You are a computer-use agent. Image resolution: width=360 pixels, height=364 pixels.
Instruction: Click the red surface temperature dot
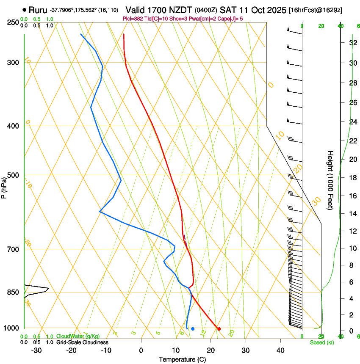click(x=219, y=329)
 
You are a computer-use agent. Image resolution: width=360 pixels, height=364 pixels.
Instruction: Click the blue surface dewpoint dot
click(x=193, y=329)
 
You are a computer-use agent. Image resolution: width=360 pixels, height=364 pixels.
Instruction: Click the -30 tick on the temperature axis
click(x=36, y=350)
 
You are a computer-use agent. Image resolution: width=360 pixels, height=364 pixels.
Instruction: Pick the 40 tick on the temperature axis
click(x=280, y=350)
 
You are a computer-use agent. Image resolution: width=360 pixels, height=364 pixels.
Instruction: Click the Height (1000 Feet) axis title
click(x=331, y=180)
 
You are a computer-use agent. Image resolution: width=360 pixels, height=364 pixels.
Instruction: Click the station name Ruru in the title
click(x=37, y=9)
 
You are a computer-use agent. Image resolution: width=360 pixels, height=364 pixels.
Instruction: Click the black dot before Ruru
click(x=25, y=9)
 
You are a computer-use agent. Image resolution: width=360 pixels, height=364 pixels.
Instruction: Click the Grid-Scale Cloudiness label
click(x=82, y=342)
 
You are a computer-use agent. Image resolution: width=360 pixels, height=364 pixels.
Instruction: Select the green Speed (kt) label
click(x=321, y=342)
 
